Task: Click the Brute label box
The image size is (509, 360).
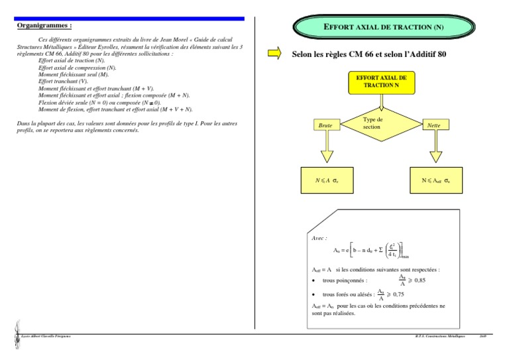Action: click(x=325, y=125)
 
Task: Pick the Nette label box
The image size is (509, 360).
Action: click(x=434, y=125)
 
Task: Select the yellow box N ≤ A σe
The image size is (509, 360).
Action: click(x=325, y=180)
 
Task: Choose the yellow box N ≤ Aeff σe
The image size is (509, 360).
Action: click(x=435, y=180)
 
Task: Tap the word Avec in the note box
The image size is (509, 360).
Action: click(x=319, y=237)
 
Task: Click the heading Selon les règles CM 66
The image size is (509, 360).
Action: click(x=370, y=54)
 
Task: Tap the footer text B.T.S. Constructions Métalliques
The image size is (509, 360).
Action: click(x=437, y=337)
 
